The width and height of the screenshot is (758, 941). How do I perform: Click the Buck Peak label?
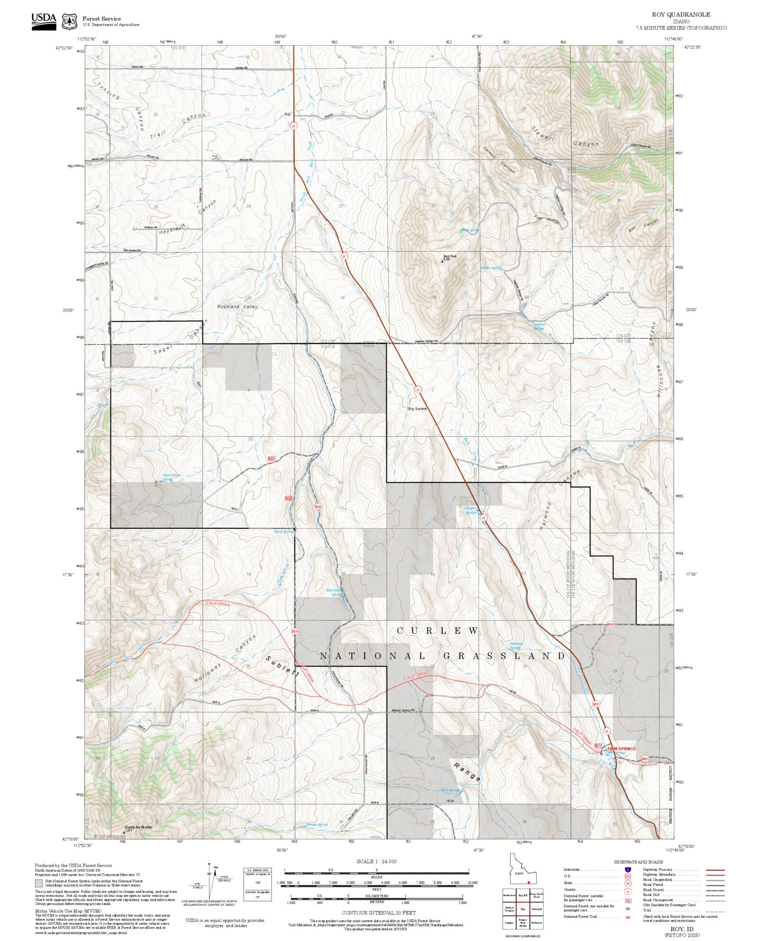tap(450, 256)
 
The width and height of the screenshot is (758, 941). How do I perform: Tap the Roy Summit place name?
tap(417, 408)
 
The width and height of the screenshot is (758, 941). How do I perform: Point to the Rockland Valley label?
tap(237, 307)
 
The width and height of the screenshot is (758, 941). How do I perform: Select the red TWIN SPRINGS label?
tap(621, 749)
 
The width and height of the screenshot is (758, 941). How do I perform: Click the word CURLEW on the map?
tap(437, 631)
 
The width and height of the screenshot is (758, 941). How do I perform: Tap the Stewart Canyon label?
tap(564, 135)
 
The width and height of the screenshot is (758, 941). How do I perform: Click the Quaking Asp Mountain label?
tap(139, 827)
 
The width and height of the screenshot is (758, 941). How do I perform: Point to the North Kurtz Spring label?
tap(171, 477)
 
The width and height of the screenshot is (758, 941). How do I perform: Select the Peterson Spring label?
tap(516, 645)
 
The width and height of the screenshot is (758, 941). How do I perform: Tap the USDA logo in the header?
tap(44, 21)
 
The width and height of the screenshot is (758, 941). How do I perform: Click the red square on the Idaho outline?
tap(529, 883)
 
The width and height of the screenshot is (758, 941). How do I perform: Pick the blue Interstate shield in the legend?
tap(628, 870)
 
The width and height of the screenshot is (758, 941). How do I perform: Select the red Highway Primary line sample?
tap(715, 870)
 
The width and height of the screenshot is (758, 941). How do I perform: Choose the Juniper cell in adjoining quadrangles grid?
tap(509, 923)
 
